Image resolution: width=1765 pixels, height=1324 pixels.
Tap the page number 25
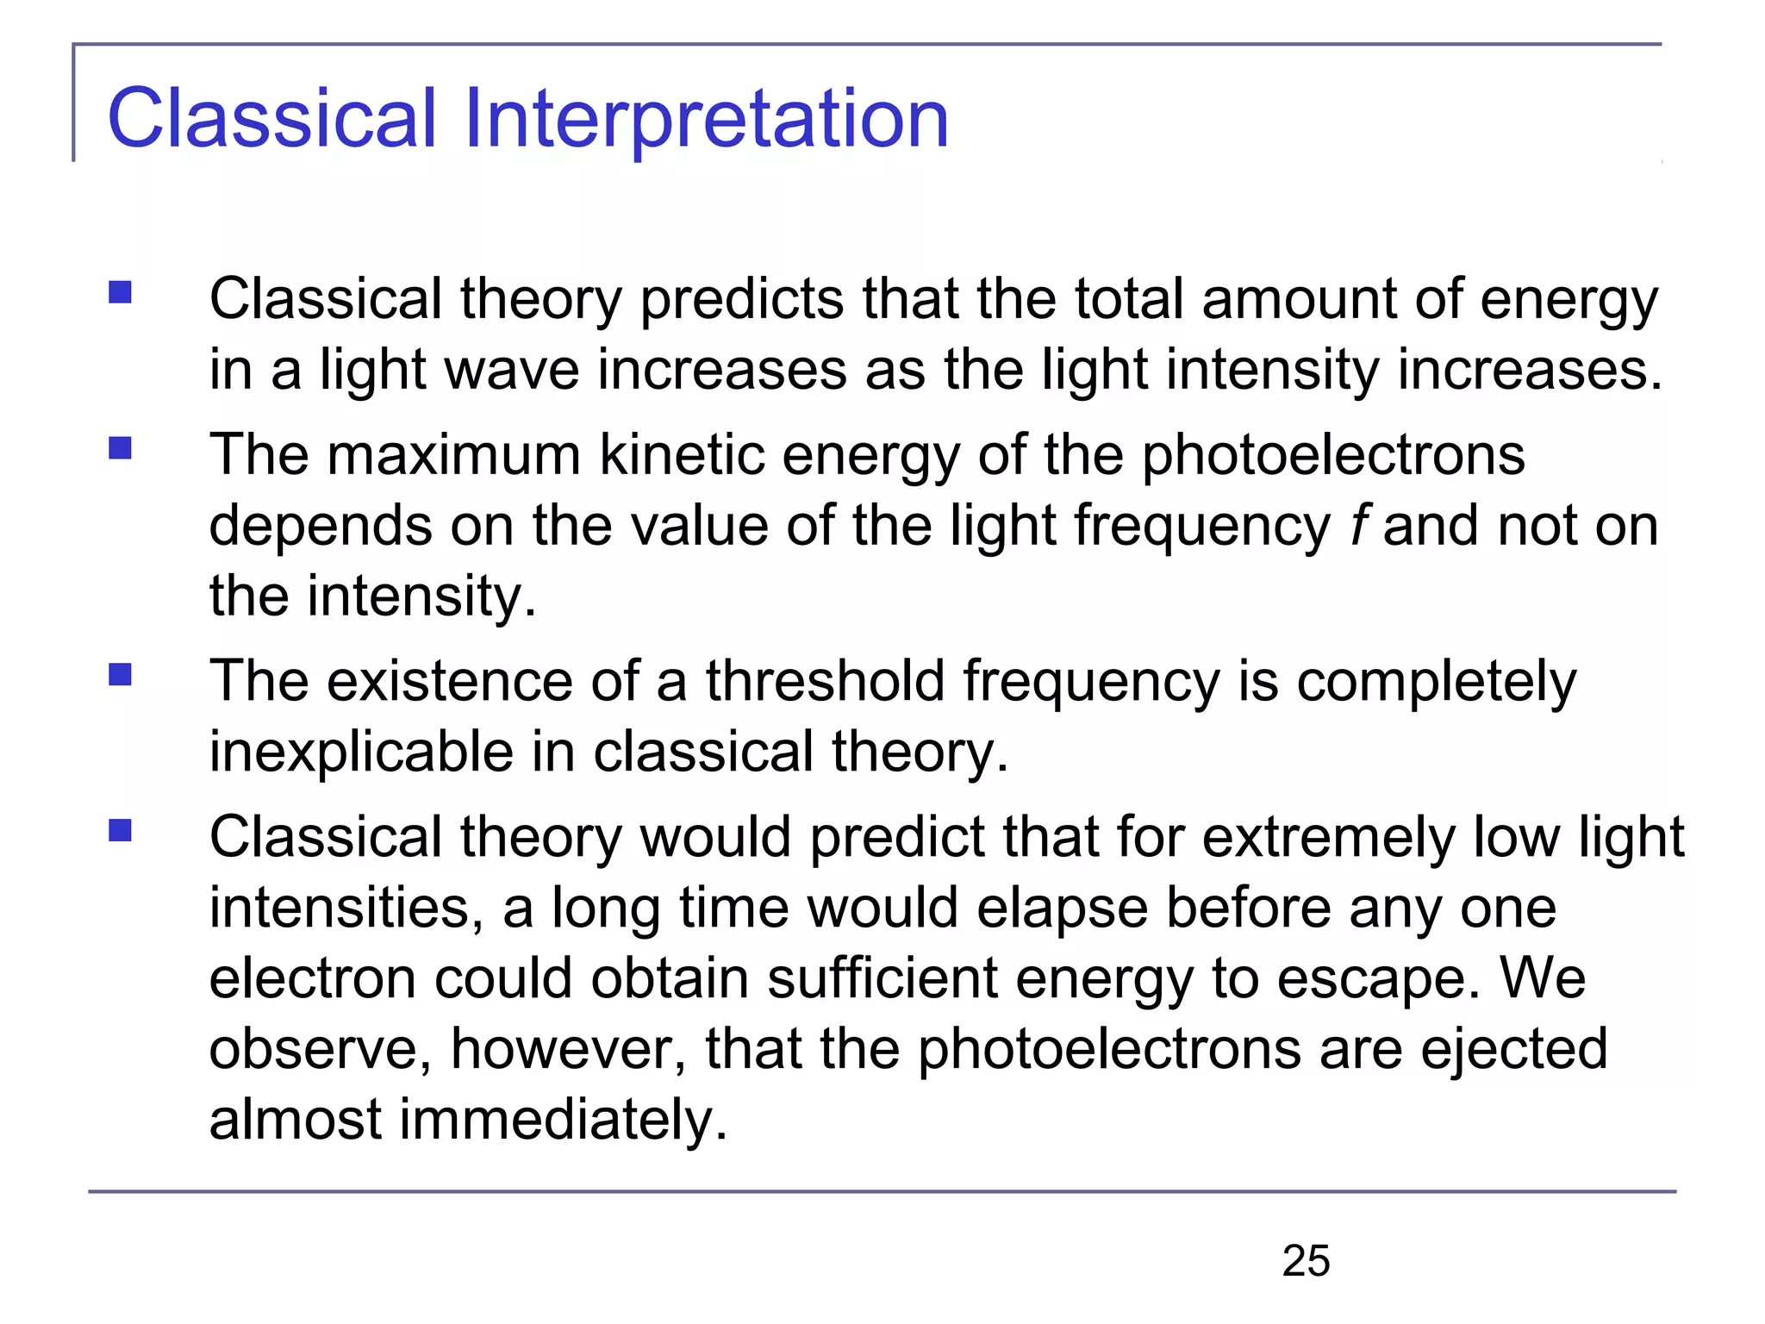[x=1306, y=1261]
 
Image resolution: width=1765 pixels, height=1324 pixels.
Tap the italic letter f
[x=1359, y=526]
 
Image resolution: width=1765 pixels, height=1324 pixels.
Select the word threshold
[x=825, y=682]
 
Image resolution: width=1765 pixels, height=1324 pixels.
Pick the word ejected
[x=1513, y=1050]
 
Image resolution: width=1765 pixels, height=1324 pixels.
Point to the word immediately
[x=564, y=1121]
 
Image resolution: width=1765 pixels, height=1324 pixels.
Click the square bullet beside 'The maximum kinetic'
[x=120, y=448]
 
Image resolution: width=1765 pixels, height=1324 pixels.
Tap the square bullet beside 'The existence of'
[x=120, y=674]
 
